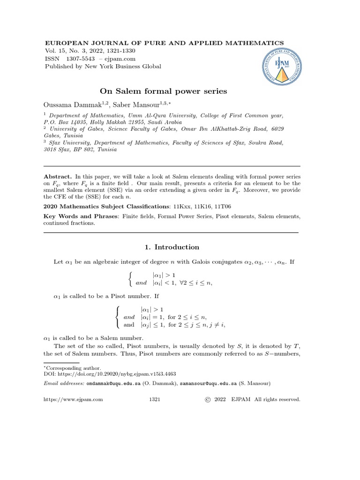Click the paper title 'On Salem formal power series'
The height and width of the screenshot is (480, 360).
coord(164,91)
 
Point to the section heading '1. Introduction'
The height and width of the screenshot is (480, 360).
coord(170,247)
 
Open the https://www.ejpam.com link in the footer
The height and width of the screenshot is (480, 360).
coord(73,399)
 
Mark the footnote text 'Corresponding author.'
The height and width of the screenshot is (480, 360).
coord(69,368)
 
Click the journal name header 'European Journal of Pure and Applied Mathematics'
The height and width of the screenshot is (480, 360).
coord(164,43)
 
